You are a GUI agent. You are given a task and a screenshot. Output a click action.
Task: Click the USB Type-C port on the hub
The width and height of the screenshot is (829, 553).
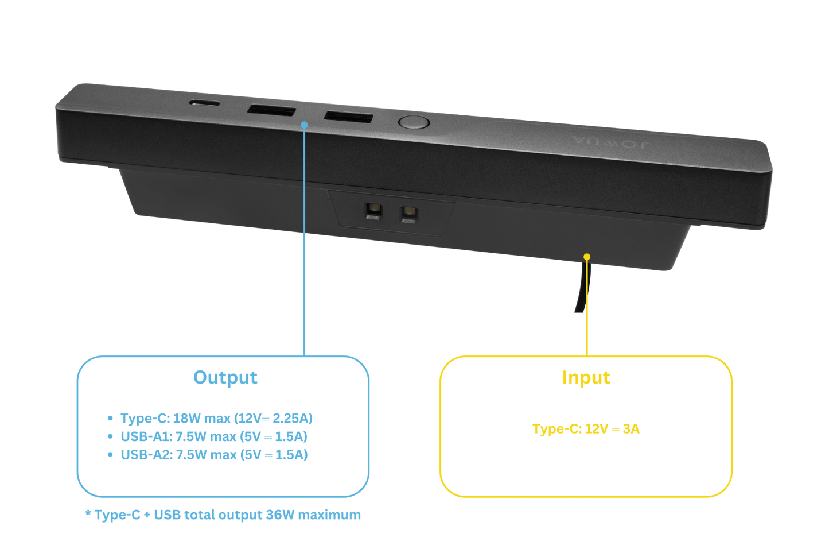(x=204, y=103)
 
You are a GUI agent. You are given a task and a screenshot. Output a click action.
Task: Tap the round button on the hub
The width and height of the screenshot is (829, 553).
(x=413, y=122)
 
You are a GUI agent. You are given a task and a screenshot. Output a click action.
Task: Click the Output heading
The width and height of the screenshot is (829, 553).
(x=225, y=377)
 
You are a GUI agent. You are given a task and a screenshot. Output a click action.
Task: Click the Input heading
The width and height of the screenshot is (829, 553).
(x=586, y=377)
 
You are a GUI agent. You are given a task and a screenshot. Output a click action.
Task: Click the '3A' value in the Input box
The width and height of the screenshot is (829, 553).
(x=630, y=429)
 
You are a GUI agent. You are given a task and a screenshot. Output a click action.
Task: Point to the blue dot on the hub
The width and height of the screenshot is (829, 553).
(x=305, y=124)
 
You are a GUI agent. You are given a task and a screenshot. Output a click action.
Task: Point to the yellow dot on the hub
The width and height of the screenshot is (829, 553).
(x=586, y=256)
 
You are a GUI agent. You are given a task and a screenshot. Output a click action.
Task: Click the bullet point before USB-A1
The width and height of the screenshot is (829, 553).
(x=110, y=436)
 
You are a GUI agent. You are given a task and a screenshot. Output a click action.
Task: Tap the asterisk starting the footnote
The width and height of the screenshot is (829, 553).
(x=88, y=513)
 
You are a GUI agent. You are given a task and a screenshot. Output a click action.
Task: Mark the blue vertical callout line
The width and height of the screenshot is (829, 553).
(x=305, y=241)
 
